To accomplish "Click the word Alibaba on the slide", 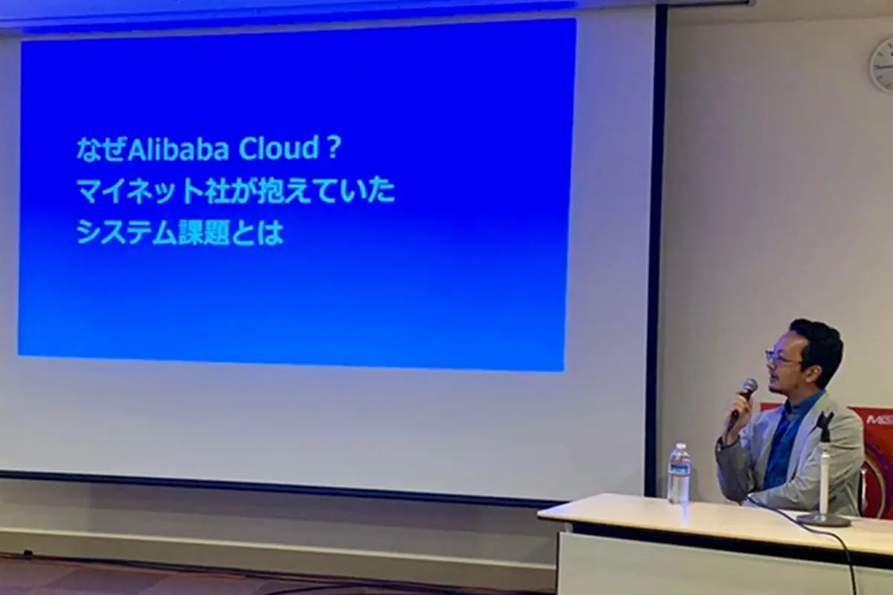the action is pos(178,149).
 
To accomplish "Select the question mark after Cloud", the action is pos(333,149).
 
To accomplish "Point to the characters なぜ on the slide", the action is pos(101,149).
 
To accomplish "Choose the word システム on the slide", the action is pos(126,233).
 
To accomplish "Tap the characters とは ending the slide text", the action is pos(257,233).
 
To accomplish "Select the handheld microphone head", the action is pos(748,387).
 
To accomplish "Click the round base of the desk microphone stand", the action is pos(822,518).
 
